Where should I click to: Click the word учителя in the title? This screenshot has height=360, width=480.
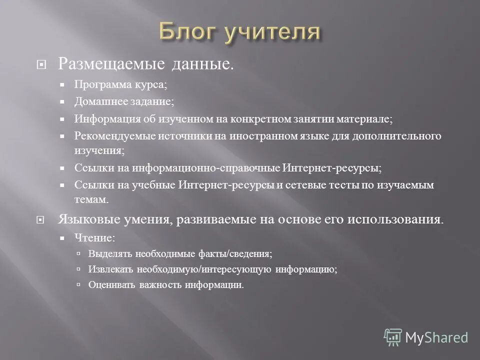coord(272,32)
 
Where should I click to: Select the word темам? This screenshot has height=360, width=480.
coord(91,199)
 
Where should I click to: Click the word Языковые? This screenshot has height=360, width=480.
coord(86,220)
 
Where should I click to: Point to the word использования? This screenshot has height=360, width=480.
coord(399,220)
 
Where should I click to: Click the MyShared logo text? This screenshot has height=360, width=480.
coord(436,337)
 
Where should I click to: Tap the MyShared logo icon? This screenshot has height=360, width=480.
coord(393,337)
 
